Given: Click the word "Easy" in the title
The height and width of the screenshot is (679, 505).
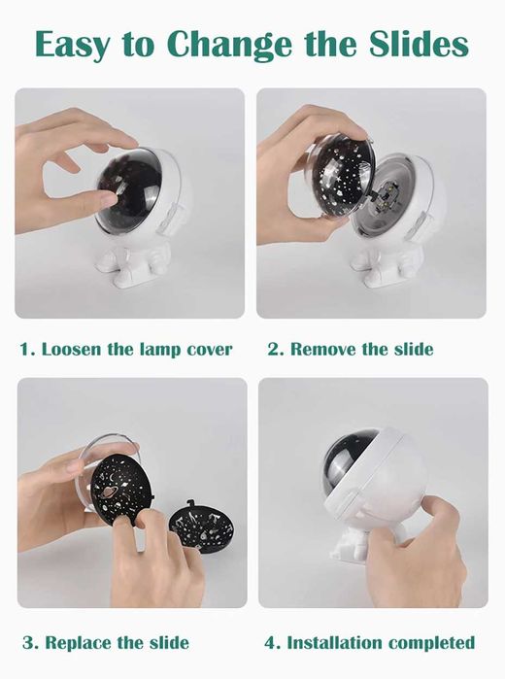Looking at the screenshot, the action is point(73,44).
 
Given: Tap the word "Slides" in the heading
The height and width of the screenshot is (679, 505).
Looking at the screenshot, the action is point(419,44).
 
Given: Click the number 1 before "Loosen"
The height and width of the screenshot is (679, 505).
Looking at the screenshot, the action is point(24,349).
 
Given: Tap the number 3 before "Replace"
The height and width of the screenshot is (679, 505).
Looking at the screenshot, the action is point(28,643).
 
